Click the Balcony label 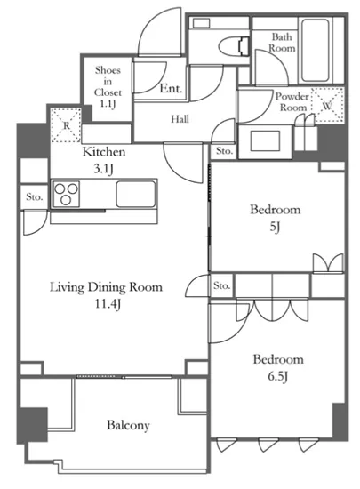point(128,425)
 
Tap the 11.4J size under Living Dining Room point(108,304)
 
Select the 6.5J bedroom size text point(277,377)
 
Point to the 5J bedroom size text point(275,227)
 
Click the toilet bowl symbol point(234,46)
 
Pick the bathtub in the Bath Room point(315,51)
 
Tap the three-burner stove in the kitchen point(66,194)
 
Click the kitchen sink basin point(136,194)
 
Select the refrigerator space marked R point(66,125)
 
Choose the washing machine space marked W point(328,106)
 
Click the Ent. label point(171,89)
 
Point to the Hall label point(180,119)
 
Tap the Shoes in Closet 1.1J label point(108,87)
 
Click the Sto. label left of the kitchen point(34,197)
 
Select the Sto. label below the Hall point(224,151)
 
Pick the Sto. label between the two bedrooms point(222,285)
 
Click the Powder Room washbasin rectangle point(265,140)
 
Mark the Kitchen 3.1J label point(104,160)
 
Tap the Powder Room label point(292,101)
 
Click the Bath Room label point(282,43)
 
